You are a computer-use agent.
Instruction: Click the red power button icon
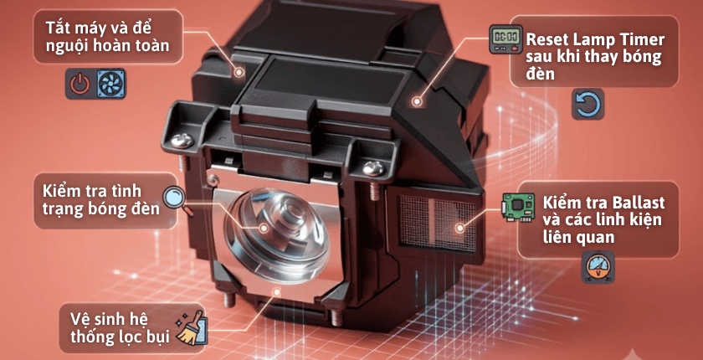point(80,84)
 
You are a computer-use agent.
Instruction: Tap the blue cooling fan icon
point(111,84)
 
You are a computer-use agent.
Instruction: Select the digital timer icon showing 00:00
point(505,39)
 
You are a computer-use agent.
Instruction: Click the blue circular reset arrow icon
point(588,104)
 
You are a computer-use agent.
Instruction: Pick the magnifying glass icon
point(175,199)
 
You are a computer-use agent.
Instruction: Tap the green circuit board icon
point(518,207)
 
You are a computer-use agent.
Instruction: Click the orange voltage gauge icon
point(598,267)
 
